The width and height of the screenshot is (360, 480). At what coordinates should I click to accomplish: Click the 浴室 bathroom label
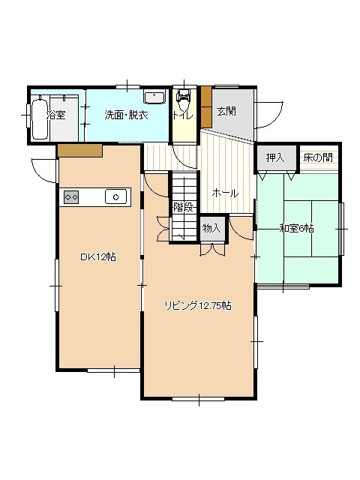click(x=56, y=115)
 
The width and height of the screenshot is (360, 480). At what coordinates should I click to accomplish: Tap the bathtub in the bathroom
click(x=40, y=118)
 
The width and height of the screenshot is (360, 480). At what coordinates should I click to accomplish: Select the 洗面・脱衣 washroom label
click(x=127, y=115)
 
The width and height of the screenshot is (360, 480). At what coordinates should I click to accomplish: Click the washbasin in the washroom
click(x=154, y=97)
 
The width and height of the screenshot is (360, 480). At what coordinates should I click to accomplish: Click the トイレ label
click(x=183, y=115)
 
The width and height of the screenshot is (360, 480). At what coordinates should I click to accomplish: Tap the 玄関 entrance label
click(x=226, y=111)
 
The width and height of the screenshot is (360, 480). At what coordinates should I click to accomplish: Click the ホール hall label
click(x=225, y=193)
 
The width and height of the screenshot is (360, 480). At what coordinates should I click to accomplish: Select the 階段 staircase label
click(x=183, y=207)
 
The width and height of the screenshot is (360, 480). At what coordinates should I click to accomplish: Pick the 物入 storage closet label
click(x=211, y=228)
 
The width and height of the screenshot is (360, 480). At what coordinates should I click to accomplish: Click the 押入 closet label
click(x=275, y=157)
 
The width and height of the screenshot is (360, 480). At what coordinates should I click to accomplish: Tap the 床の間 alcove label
click(x=318, y=157)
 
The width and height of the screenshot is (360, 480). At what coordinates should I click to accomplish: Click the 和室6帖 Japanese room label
click(x=296, y=228)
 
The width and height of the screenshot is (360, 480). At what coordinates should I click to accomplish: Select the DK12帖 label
click(x=98, y=257)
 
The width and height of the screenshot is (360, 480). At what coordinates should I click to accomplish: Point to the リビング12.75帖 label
click(x=198, y=305)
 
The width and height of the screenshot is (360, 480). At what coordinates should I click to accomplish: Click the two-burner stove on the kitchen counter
click(x=71, y=196)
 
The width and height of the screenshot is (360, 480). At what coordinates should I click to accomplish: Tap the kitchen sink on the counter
click(x=115, y=196)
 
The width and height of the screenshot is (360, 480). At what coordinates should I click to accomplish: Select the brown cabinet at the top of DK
click(x=80, y=151)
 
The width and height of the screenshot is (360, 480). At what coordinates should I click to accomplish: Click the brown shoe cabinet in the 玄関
click(x=206, y=106)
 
